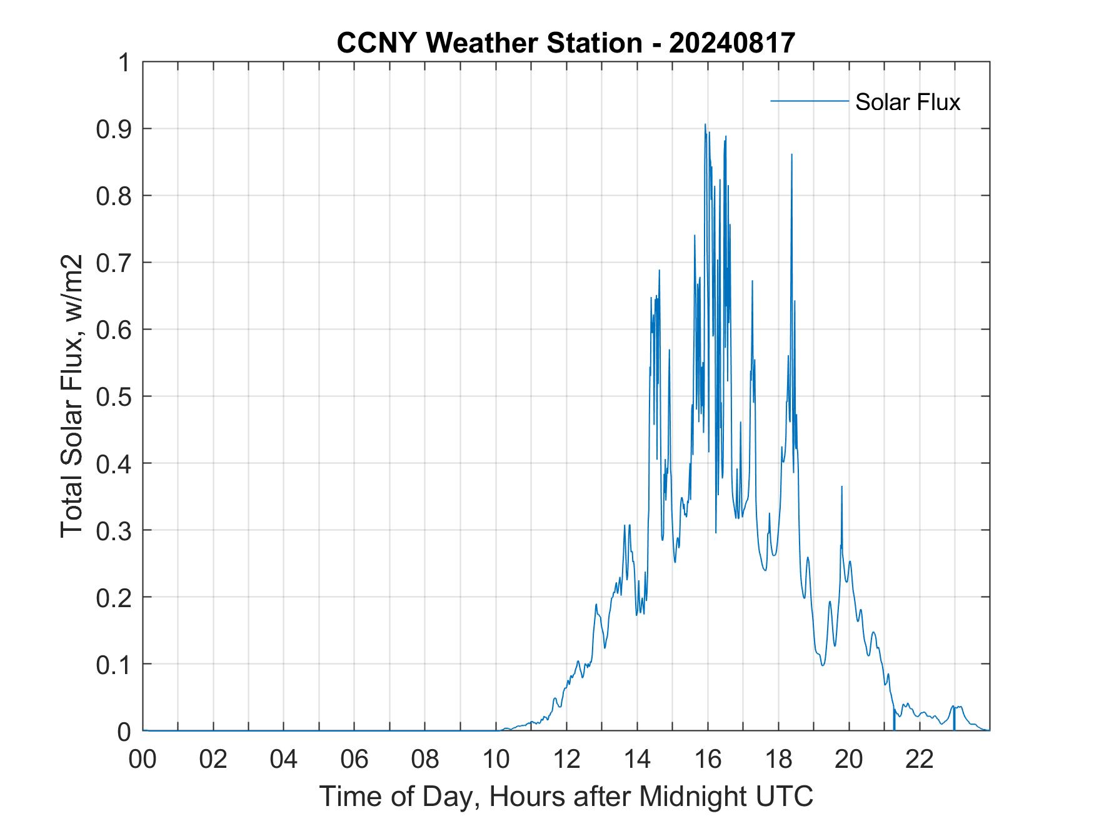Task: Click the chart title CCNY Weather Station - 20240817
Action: (x=566, y=43)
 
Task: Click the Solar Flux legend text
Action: (x=907, y=102)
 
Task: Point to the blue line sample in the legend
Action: (x=809, y=101)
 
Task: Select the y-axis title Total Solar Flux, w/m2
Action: (x=72, y=396)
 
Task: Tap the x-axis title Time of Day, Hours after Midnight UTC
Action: (x=566, y=796)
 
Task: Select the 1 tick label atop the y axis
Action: (x=125, y=63)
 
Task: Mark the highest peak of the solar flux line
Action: (x=705, y=124)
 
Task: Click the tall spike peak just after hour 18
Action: (x=791, y=154)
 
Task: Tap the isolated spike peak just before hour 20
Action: (x=841, y=486)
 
